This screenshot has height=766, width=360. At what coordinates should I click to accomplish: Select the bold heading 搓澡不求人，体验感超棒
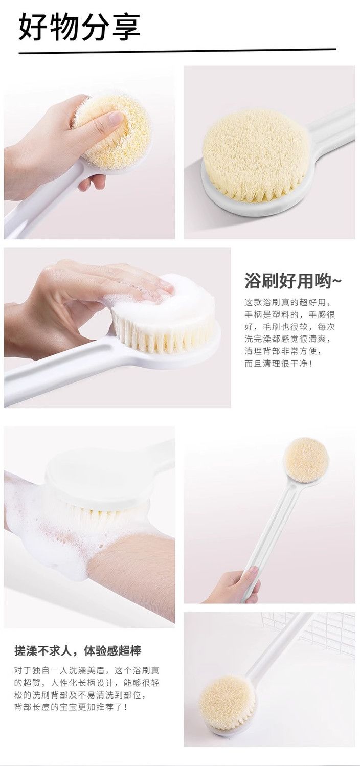(x=78, y=651)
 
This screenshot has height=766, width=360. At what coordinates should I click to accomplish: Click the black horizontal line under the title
(x=177, y=51)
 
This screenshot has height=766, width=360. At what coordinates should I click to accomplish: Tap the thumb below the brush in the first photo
(x=92, y=183)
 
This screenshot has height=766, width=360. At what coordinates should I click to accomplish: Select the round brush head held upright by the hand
(x=306, y=460)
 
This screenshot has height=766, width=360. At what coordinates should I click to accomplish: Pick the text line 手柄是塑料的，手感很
(x=289, y=314)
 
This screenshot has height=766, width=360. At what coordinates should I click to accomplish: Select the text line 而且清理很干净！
(x=279, y=363)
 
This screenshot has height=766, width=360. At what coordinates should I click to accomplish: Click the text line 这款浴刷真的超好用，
(x=288, y=302)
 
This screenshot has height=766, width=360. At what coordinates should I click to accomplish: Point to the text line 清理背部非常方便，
(x=283, y=351)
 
